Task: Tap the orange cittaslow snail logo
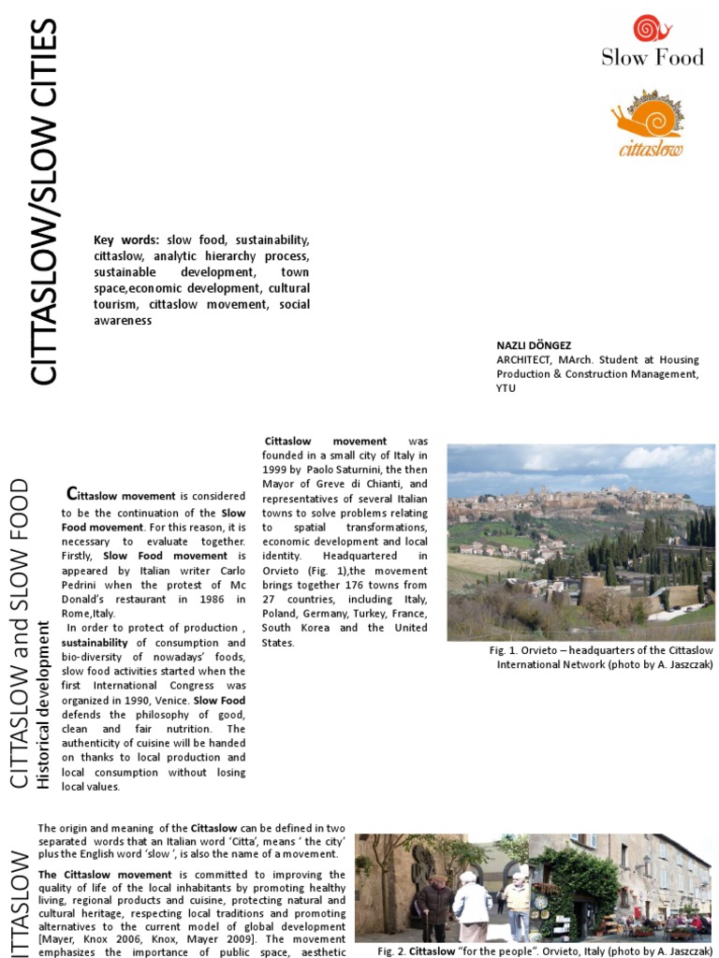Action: click(647, 123)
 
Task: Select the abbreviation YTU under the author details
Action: click(506, 387)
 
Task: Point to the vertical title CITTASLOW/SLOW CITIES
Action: click(44, 201)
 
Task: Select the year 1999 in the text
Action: click(277, 470)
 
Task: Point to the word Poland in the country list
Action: click(282, 614)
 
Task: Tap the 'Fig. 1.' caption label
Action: click(504, 649)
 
